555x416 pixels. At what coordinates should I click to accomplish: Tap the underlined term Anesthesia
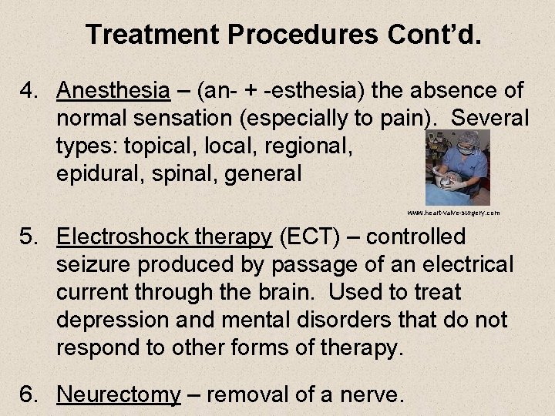113,91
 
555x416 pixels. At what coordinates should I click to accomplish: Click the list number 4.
29,91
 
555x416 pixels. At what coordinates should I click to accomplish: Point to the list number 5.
29,237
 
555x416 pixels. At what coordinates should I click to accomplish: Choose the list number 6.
29,395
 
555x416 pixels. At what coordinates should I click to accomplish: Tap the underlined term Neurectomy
119,395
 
